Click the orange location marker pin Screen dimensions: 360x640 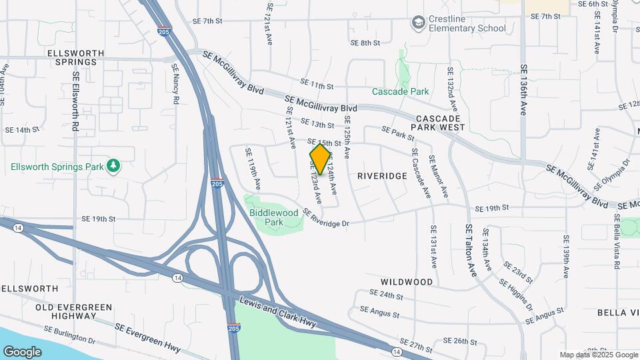click(320, 159)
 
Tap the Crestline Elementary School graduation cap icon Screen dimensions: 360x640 click(418, 23)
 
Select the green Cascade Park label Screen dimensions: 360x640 click(400, 91)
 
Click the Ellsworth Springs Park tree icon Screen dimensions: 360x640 click(114, 165)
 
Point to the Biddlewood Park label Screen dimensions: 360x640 click(275, 217)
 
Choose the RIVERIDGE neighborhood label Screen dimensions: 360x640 click(381, 176)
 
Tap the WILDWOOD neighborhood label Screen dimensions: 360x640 click(407, 282)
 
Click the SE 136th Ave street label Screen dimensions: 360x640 click(524, 90)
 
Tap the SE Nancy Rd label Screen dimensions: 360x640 click(175, 83)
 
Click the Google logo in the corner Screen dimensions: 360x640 click(22, 351)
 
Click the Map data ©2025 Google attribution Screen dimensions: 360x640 click(598, 355)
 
